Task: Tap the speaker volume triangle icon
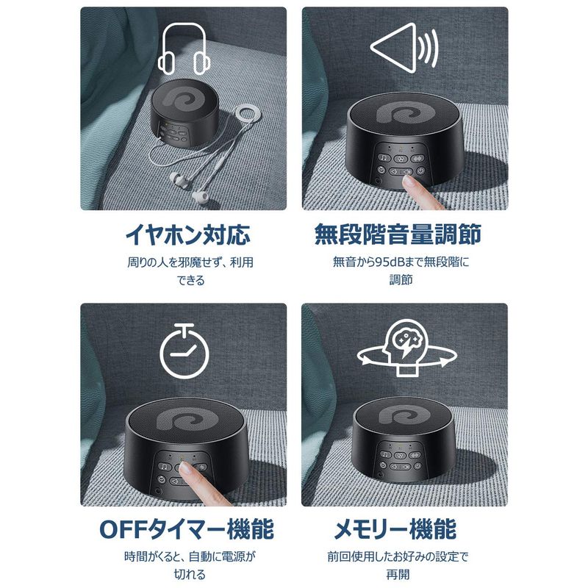[x=404, y=48]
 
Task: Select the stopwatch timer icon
[x=184, y=351]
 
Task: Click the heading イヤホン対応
[x=187, y=234]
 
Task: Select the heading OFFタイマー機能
[x=187, y=529]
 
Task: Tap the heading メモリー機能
[x=395, y=529]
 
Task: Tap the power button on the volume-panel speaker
[x=420, y=171]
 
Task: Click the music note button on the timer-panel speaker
[x=165, y=467]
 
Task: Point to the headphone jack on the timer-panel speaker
[x=159, y=490]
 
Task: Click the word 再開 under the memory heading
[x=398, y=575]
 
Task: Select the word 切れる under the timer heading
[x=190, y=575]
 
